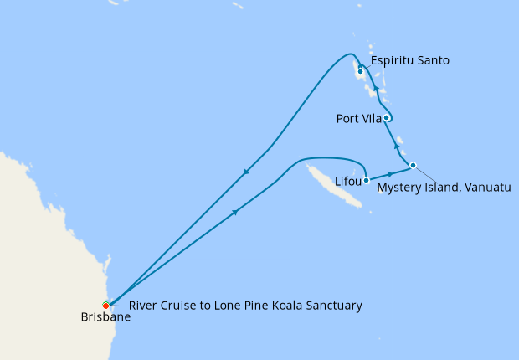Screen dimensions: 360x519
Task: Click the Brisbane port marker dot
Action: [106, 306]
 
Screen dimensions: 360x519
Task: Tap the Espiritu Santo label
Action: [410, 60]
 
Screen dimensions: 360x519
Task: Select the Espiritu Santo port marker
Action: [360, 71]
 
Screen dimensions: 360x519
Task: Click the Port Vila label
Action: [359, 119]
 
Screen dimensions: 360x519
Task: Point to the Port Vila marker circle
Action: [387, 118]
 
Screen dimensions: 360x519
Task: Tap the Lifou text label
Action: [347, 181]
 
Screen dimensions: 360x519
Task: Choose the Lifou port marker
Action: [367, 179]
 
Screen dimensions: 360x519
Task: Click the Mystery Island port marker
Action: [413, 165]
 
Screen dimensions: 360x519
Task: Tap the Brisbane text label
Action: [105, 317]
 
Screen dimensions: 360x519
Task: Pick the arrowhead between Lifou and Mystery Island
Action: [390, 172]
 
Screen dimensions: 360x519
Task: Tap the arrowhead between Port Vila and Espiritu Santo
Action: [376, 89]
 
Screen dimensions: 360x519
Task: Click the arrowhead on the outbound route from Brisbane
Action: [235, 212]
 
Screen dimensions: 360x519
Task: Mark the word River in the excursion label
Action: [144, 306]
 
